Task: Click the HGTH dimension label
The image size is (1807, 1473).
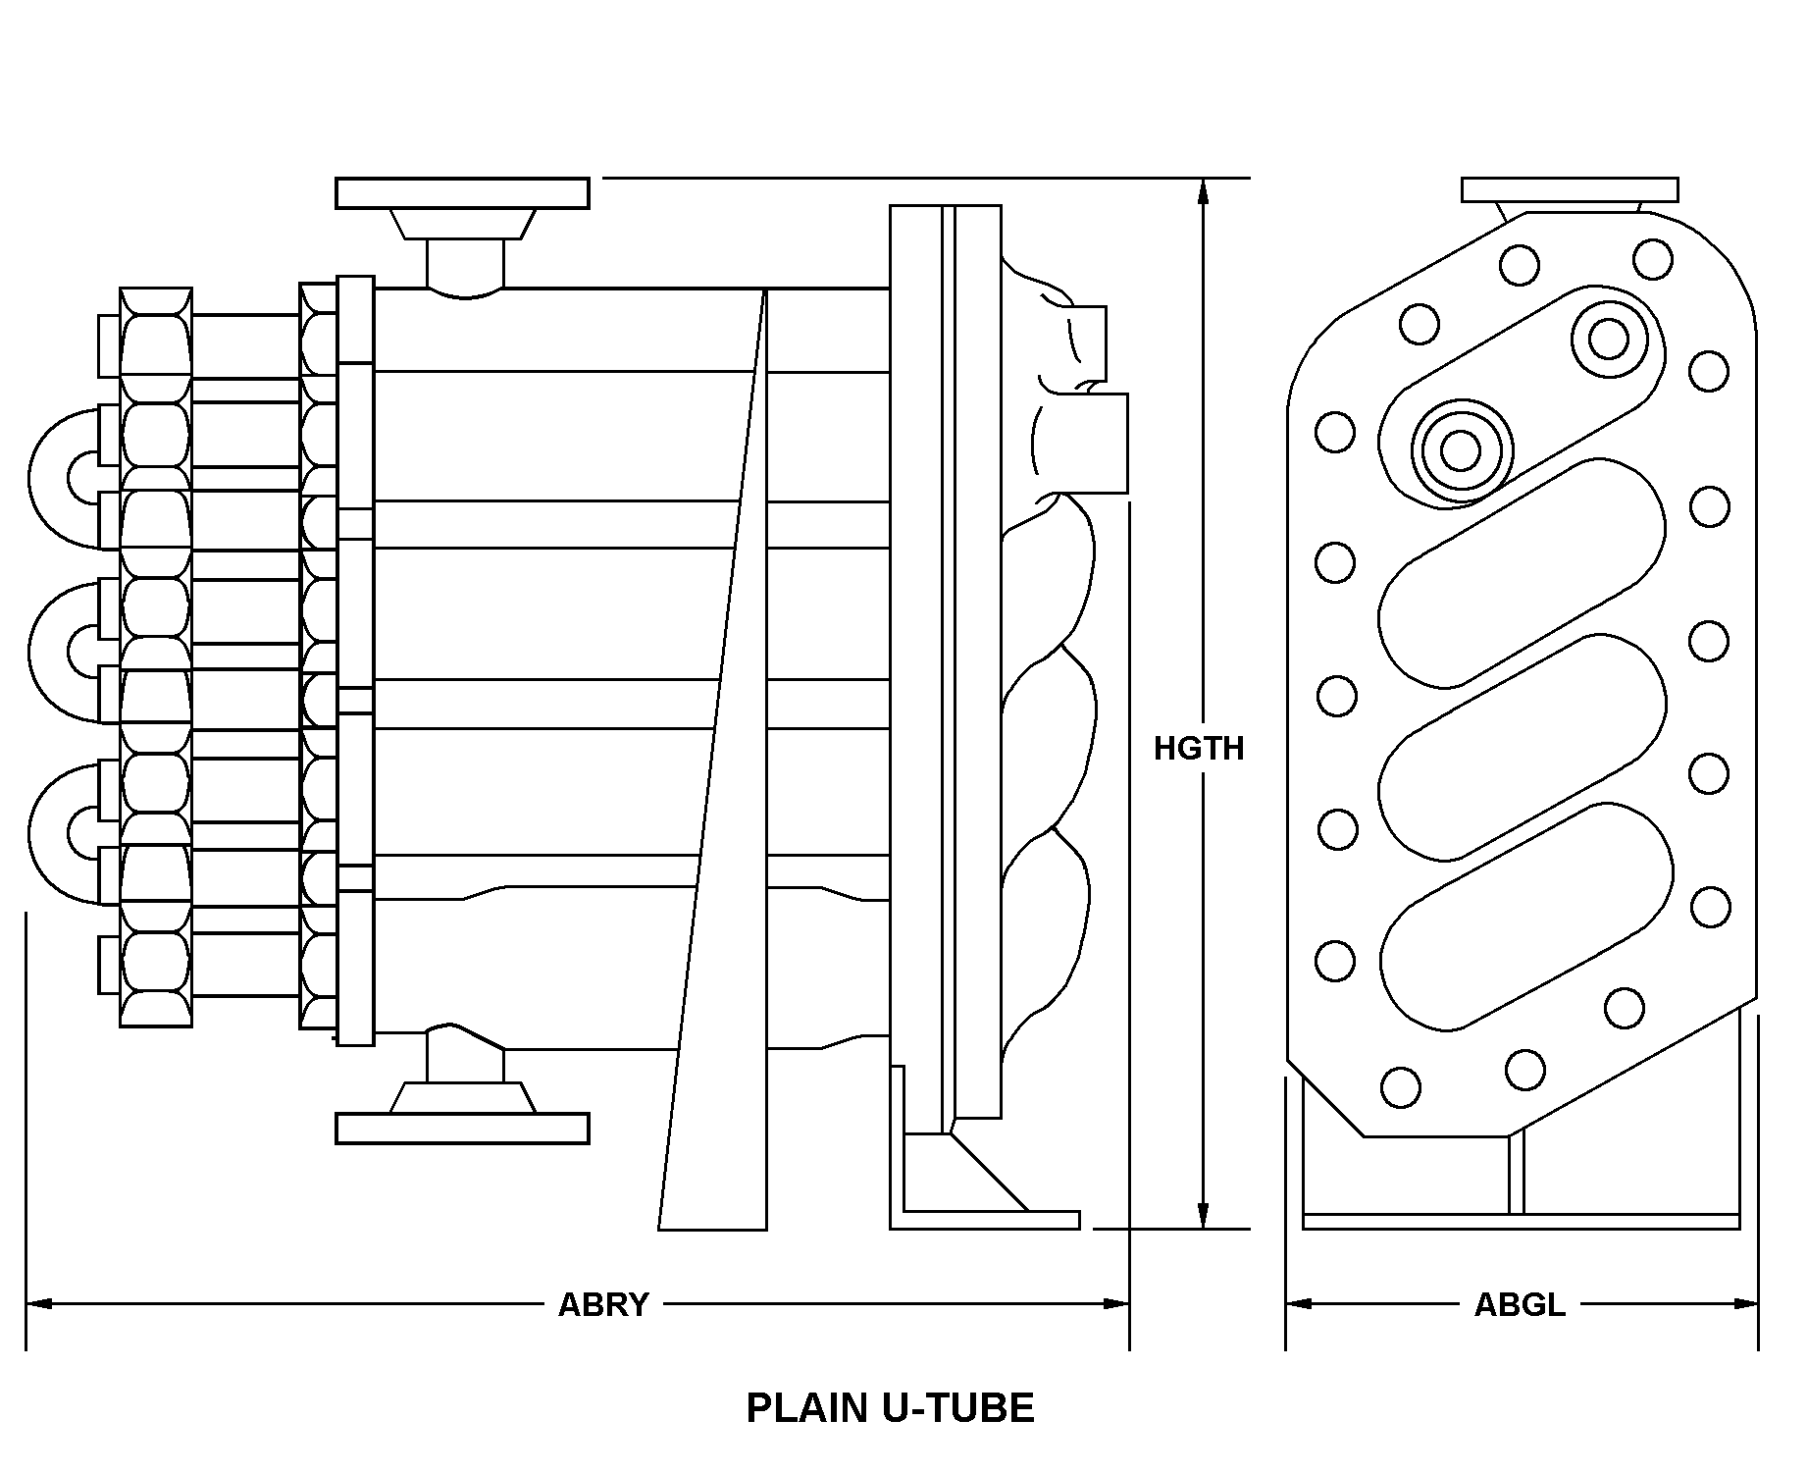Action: (x=1198, y=749)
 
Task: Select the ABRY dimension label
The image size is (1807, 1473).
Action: (x=603, y=1304)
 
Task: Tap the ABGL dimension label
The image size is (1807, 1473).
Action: (x=1520, y=1304)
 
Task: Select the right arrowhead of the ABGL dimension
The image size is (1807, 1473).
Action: (x=1746, y=1304)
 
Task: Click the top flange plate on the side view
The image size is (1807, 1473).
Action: (x=462, y=193)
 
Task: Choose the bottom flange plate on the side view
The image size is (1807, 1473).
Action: (x=462, y=1129)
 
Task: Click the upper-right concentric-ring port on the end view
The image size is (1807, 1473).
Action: (x=1608, y=340)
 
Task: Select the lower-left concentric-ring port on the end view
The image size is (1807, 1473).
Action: (x=1461, y=450)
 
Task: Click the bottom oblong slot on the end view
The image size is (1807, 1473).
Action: (x=1525, y=918)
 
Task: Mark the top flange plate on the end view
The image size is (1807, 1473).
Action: (x=1569, y=189)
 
